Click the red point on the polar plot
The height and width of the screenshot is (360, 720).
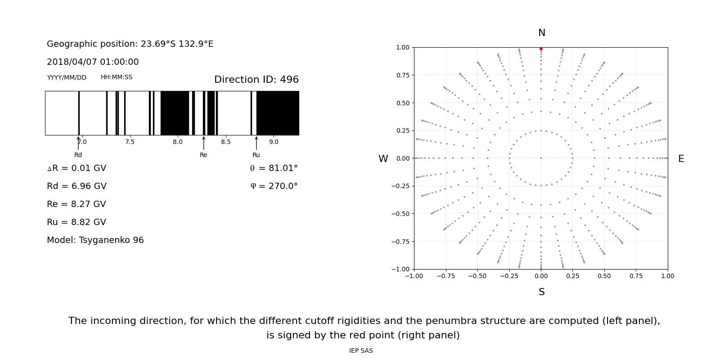541,49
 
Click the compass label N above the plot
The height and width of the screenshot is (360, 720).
542,33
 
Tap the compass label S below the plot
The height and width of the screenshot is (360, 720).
542,292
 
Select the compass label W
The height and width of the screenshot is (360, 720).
383,159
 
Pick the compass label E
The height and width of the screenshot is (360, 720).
681,159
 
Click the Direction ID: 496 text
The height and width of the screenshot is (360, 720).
256,80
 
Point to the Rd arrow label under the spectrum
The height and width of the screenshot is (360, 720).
78,155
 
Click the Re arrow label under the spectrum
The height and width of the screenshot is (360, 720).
203,155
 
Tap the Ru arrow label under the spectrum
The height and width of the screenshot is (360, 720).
256,155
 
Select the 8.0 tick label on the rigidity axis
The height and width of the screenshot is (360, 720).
178,142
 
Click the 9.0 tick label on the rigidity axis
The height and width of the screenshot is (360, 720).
274,142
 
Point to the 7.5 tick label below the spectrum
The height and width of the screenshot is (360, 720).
130,142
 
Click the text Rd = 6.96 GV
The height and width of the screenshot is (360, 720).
76,186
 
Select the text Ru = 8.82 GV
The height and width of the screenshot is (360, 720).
76,222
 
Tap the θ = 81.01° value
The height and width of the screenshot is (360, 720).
274,168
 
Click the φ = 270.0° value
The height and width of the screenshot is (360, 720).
274,186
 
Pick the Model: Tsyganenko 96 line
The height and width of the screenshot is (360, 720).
95,240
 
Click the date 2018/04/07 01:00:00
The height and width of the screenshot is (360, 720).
93,62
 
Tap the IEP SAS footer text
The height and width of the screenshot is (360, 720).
361,351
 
